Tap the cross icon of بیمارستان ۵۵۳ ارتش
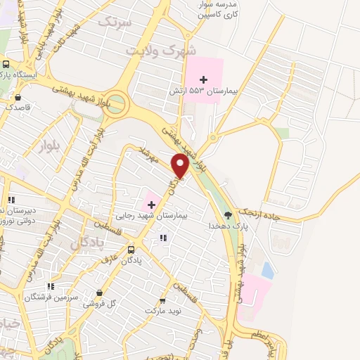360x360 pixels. point(204,79)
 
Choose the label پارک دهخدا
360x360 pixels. point(226,226)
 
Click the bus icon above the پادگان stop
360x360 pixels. point(131,250)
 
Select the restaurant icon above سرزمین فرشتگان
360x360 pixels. point(50,286)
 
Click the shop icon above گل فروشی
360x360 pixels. point(99,292)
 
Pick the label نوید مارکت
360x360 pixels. point(163,310)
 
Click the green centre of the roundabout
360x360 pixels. point(117,104)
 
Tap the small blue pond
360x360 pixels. point(267,269)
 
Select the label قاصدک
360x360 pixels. point(17,108)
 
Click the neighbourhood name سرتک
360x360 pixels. point(115,21)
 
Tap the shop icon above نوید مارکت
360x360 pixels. point(163,300)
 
